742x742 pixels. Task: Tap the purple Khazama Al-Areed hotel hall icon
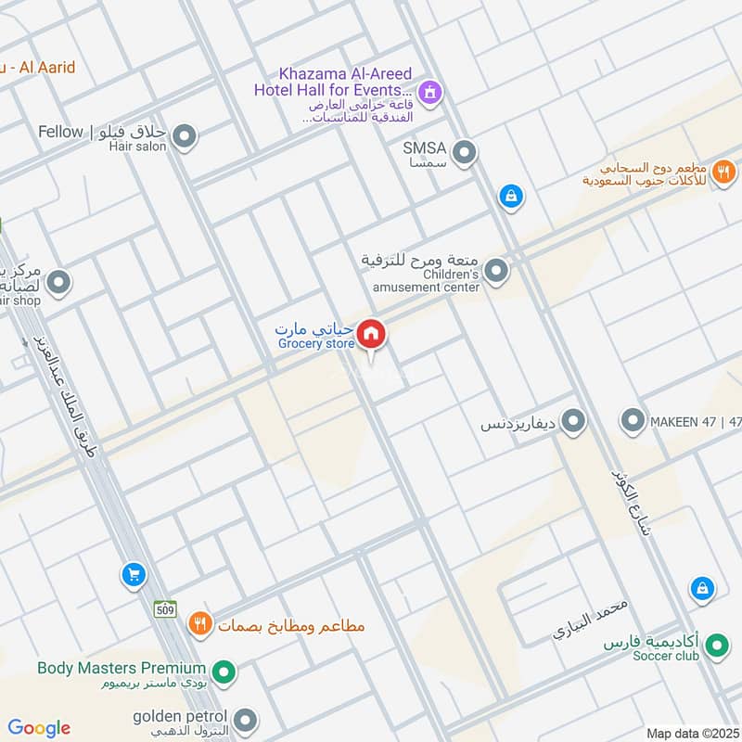coord(429,92)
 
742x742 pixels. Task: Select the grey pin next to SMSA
coord(464,151)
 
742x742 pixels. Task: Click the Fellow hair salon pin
coord(185,138)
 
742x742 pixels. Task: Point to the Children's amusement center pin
coord(497,272)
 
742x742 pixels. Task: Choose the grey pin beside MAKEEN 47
coord(633,421)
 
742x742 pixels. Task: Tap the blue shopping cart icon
coord(134,575)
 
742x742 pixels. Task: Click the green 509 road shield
coord(165,609)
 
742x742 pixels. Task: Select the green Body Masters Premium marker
coord(223,670)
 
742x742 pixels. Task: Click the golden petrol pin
coord(245,720)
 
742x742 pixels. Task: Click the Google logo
coord(39,728)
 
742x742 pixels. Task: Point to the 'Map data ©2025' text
coord(691,733)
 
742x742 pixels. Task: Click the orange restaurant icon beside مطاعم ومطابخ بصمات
coord(199,625)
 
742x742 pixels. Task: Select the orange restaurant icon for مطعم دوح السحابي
coord(723,172)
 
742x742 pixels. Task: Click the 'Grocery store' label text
coord(316,344)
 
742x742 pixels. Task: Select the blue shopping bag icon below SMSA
coord(509,196)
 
